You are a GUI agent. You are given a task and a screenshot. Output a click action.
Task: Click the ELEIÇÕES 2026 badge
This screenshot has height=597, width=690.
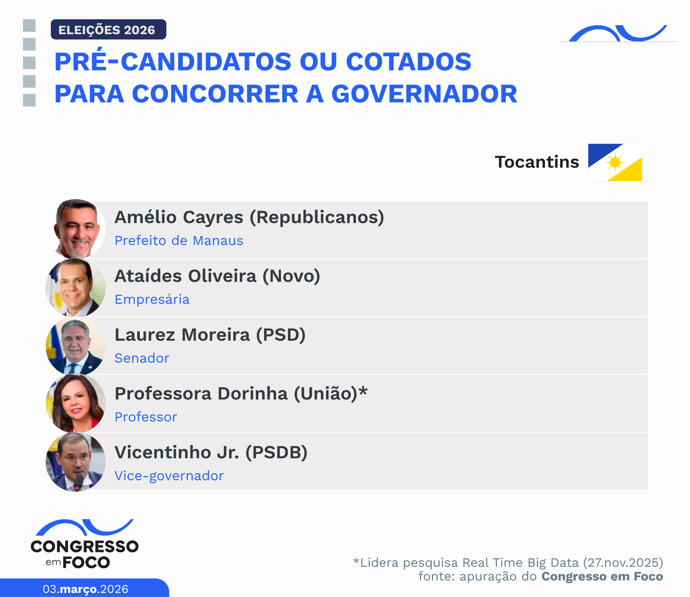click(x=108, y=30)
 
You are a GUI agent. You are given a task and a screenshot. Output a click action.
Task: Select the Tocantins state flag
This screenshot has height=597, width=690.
click(x=615, y=162)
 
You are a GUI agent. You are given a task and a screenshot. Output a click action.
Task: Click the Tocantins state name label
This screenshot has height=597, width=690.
click(x=536, y=162)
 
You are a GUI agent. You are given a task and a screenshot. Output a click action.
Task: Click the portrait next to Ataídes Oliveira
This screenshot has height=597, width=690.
click(x=76, y=287)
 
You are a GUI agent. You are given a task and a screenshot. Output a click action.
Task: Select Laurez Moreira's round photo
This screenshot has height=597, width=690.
click(x=76, y=346)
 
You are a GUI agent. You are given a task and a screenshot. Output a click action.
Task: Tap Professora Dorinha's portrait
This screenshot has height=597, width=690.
click(x=76, y=403)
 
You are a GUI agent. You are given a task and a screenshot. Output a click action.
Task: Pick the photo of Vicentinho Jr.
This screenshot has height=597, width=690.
click(x=76, y=462)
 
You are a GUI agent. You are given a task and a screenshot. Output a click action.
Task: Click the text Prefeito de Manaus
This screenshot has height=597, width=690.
click(x=179, y=241)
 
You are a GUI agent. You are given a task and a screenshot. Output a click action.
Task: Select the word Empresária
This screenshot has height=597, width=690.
click(x=152, y=299)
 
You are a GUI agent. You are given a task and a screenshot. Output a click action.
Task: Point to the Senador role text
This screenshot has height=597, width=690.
click(x=142, y=358)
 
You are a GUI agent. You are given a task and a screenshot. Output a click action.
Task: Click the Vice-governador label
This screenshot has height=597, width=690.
click(x=169, y=476)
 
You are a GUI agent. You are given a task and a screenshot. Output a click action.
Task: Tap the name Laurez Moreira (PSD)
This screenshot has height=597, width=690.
click(x=210, y=335)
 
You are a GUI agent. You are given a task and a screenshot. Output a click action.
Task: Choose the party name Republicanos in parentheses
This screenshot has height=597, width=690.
click(x=317, y=217)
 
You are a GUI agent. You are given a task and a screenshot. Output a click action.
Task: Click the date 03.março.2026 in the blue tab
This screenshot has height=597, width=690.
click(x=85, y=589)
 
